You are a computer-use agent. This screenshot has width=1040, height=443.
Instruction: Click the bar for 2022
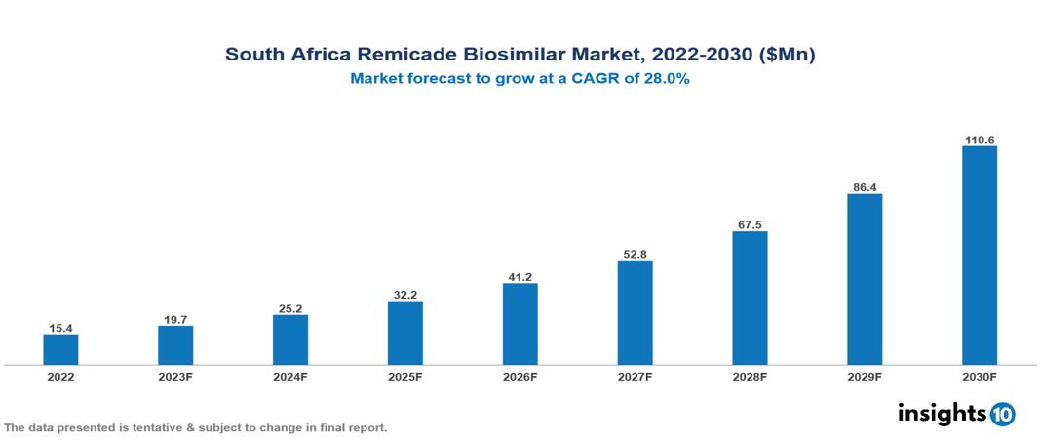click(60, 349)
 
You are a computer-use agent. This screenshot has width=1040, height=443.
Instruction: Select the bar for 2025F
click(404, 333)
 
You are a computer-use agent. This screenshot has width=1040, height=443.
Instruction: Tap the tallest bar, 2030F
click(979, 256)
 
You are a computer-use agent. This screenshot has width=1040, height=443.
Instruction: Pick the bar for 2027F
click(635, 312)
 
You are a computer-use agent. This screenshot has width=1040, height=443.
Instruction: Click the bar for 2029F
click(865, 279)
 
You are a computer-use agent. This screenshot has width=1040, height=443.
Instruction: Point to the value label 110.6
click(979, 140)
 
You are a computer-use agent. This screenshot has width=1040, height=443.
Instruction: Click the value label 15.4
click(60, 328)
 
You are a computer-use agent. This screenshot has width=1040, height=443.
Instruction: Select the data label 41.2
click(520, 277)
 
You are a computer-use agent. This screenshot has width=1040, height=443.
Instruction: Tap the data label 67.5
click(750, 224)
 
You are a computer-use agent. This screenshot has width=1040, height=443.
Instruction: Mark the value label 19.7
click(175, 319)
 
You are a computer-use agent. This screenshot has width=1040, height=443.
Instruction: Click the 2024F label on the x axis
click(290, 376)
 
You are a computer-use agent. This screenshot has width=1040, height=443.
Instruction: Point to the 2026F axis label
click(520, 376)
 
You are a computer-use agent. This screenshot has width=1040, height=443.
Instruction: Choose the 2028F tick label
click(750, 376)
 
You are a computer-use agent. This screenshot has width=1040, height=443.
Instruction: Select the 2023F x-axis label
click(175, 376)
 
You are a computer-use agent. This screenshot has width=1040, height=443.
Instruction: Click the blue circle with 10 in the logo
click(1002, 414)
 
